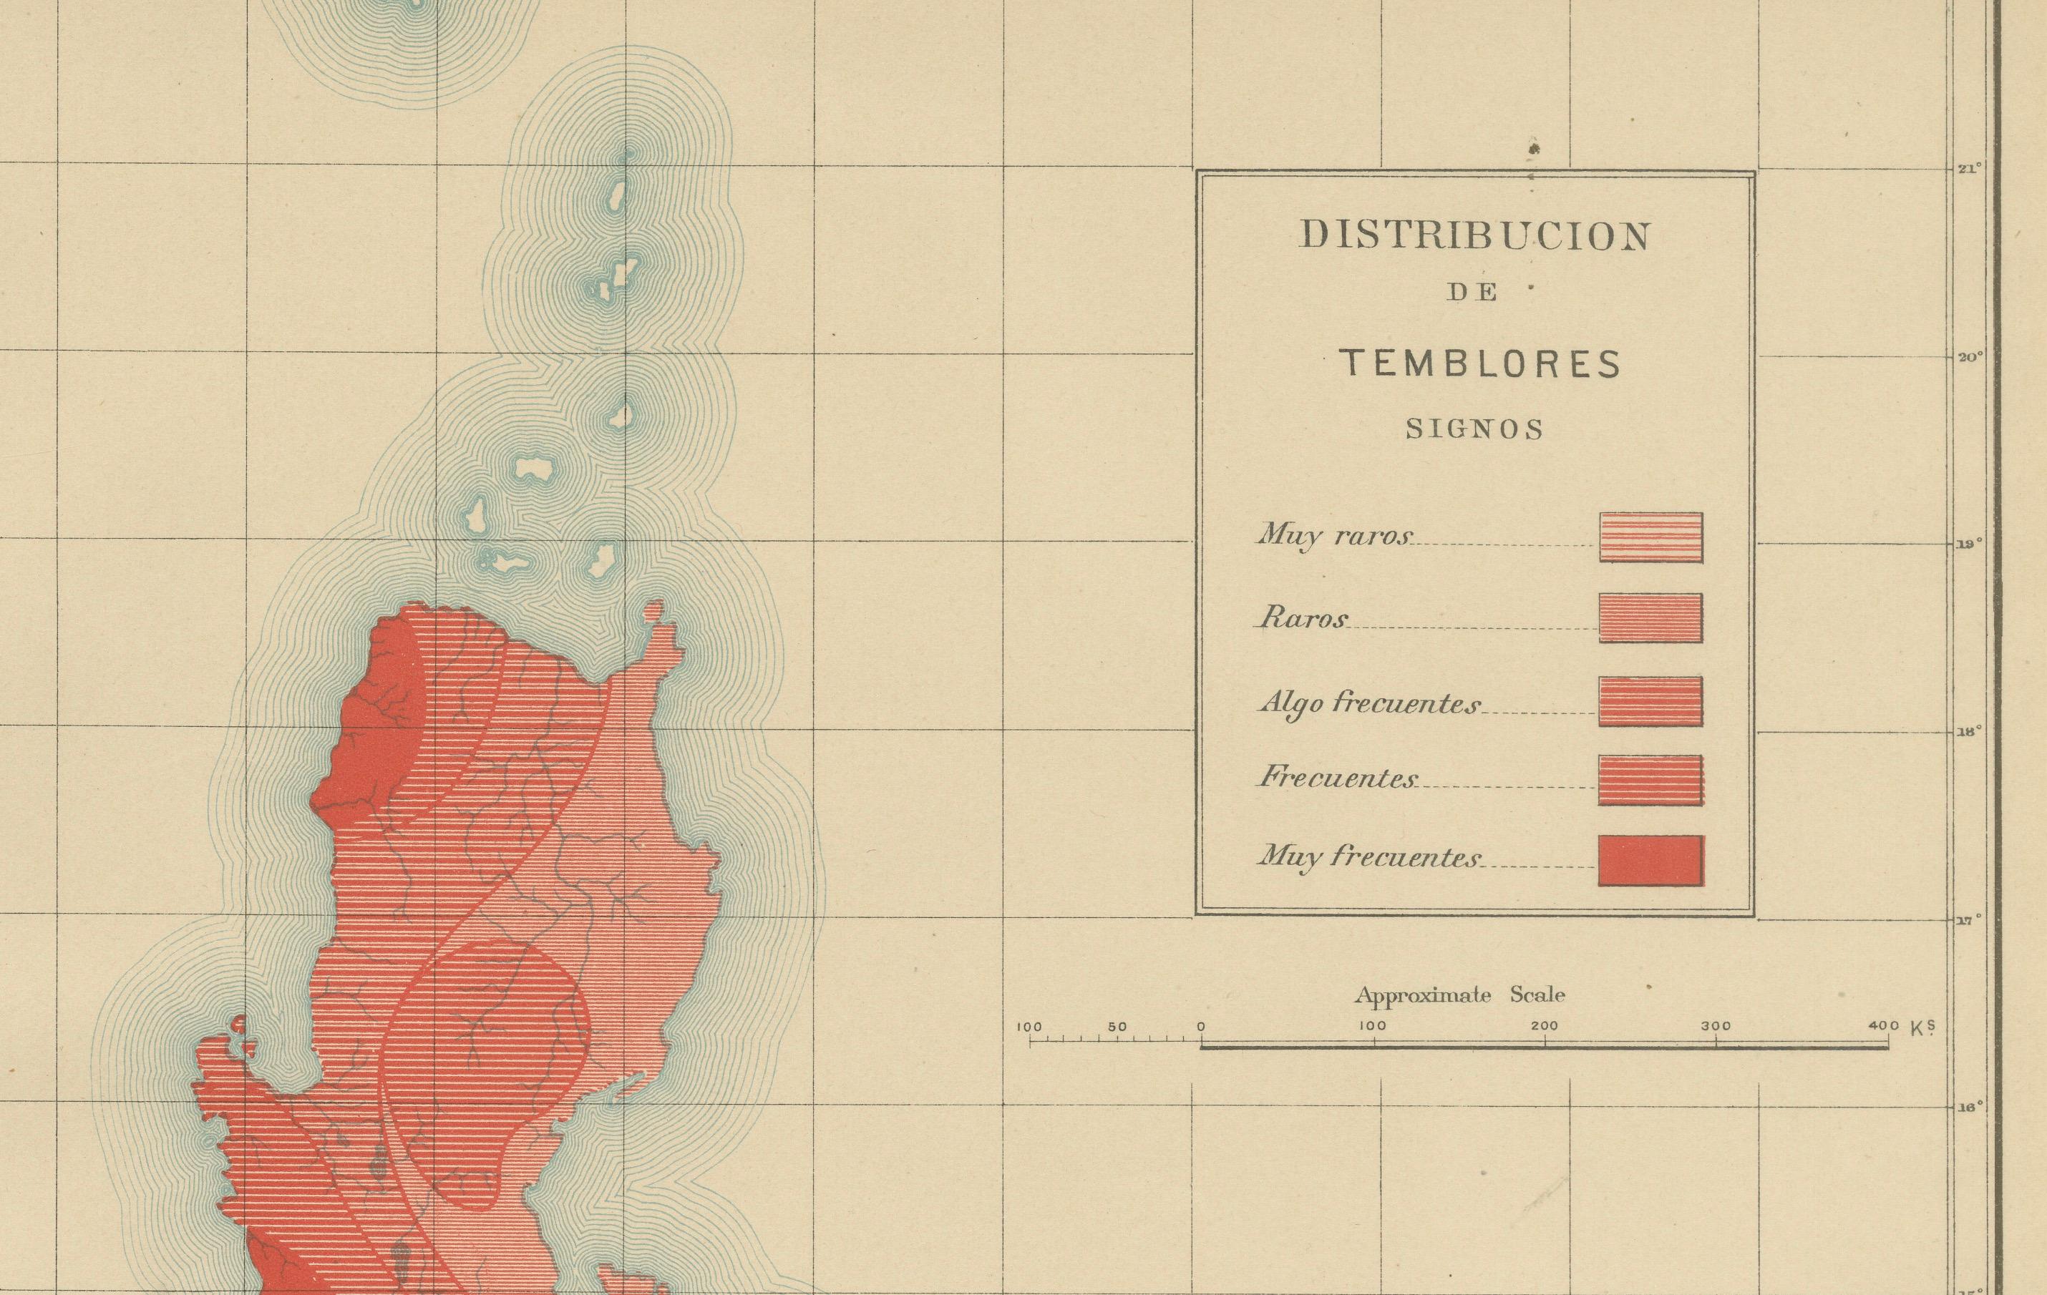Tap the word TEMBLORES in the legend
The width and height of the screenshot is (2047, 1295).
[x=1480, y=363]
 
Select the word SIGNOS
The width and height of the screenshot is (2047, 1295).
[x=1474, y=430]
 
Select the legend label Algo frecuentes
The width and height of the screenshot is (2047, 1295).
[x=1368, y=703]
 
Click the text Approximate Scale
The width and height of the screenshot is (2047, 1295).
[x=1459, y=995]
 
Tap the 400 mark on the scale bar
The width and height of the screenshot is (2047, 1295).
[x=1884, y=1027]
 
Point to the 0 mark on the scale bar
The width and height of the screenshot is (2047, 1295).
[x=1201, y=1027]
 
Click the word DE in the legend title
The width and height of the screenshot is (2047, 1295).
[x=1473, y=293]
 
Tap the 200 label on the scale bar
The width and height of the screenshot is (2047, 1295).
[x=1544, y=1027]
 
